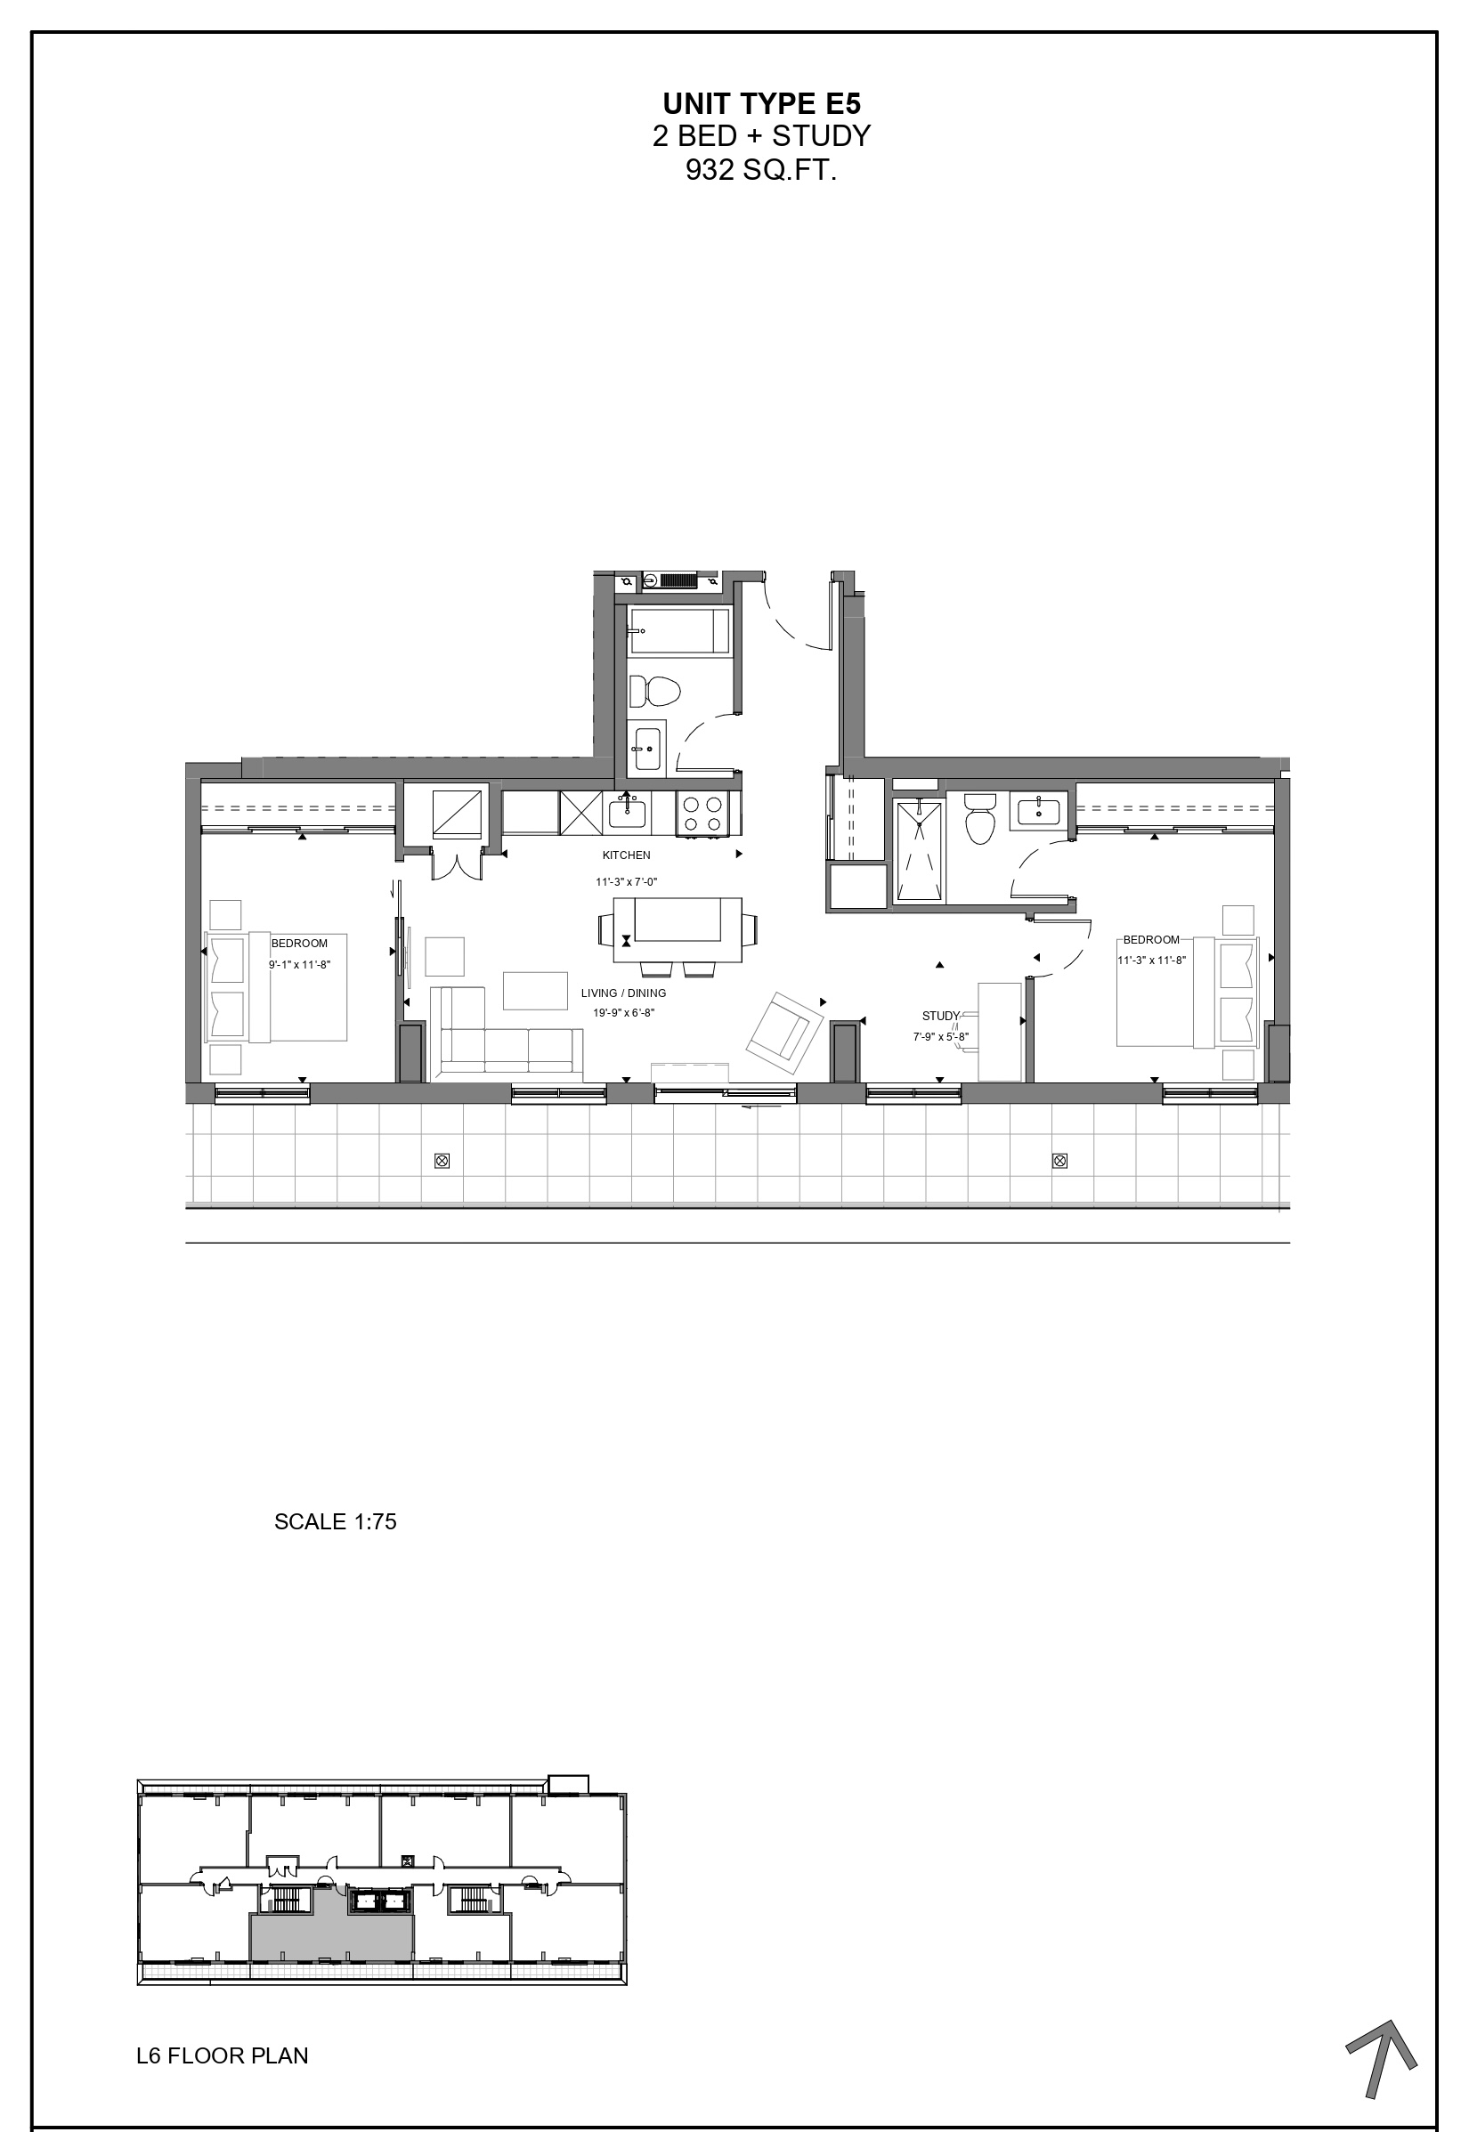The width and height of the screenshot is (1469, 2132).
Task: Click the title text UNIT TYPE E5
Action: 761,103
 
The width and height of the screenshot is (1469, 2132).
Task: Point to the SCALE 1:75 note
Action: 335,1522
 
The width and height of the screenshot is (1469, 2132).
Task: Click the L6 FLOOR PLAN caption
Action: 222,2055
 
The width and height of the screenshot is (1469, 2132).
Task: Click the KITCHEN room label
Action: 626,855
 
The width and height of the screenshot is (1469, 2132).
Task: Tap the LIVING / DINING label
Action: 623,993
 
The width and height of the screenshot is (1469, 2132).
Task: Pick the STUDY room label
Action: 940,1016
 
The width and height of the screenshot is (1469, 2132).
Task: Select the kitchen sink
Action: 627,813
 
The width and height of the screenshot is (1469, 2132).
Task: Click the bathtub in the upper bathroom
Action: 679,630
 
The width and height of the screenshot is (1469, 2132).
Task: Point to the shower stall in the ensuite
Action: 920,851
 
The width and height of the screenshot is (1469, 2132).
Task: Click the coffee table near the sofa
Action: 535,990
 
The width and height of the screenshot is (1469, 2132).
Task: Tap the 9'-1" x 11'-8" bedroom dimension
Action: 299,964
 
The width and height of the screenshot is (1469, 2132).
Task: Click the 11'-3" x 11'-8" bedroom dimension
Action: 1151,960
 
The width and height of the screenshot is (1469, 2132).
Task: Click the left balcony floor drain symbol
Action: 442,1161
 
